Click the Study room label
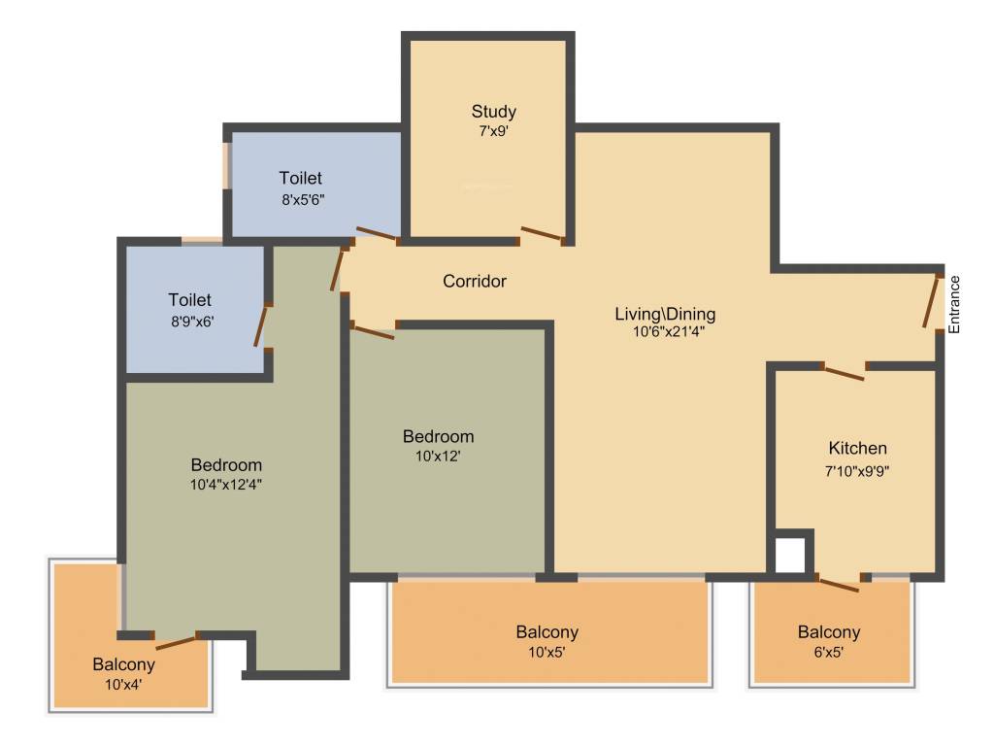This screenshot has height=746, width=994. tap(493, 111)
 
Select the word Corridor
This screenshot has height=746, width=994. tap(475, 282)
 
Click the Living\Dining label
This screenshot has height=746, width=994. tap(665, 314)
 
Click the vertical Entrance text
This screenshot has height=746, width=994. tap(954, 305)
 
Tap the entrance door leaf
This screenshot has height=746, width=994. tap(933, 302)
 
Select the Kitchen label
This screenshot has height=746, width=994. tap(857, 449)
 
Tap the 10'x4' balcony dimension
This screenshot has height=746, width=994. tap(123, 684)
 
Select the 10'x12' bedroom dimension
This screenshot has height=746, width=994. tap(438, 454)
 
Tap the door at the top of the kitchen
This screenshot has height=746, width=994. tap(844, 372)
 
